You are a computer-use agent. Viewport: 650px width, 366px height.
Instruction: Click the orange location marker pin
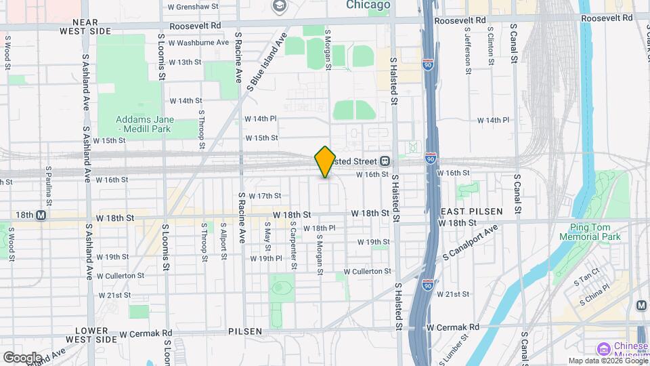[325, 162]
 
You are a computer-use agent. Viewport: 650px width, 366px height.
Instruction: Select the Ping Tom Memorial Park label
[590, 232]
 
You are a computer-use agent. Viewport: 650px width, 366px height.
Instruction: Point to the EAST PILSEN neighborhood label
[471, 211]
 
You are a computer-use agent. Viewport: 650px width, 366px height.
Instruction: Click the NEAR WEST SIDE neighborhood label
[85, 26]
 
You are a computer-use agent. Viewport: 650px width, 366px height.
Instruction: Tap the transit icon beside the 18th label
[41, 215]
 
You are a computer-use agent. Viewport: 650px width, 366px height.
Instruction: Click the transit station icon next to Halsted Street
[384, 161]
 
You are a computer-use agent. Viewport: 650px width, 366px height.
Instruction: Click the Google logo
[22, 357]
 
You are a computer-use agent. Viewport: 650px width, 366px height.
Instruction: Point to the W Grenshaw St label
[193, 6]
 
